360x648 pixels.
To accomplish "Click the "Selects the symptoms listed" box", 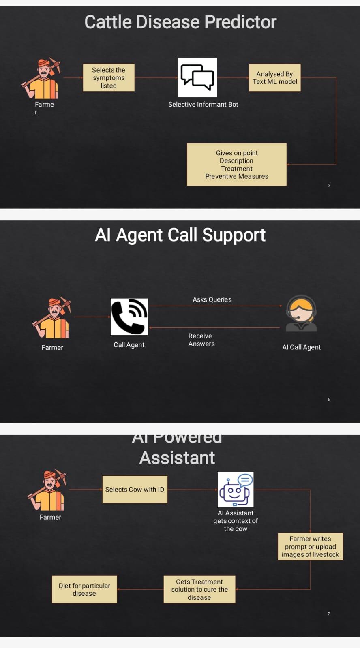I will point(109,78).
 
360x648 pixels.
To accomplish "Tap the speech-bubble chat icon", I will point(197,77).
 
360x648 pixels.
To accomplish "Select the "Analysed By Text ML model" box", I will point(275,78).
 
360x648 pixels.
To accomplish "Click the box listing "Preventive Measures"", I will point(237,165).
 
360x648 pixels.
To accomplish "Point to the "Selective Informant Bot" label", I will point(203,105).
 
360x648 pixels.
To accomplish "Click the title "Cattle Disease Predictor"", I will point(180,22).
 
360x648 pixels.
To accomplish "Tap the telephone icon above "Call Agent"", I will point(129,317).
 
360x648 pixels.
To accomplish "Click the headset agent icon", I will point(301,314).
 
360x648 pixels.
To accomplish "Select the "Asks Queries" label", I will point(212,300).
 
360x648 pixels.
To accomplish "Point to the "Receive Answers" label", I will point(201,340).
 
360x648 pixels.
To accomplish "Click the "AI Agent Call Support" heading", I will point(180,235).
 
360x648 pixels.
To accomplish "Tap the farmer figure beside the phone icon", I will point(53,318).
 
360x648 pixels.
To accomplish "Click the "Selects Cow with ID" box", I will point(135,490).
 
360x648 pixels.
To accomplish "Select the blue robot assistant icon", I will point(236,490).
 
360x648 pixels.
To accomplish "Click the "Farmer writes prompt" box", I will point(310,547).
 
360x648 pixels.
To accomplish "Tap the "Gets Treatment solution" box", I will point(199,590).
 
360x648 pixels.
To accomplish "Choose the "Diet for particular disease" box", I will point(84,590).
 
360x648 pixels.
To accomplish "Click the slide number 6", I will point(329,400).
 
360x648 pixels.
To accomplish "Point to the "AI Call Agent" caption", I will point(301,347).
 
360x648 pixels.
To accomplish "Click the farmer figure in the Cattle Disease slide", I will point(42,79).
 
